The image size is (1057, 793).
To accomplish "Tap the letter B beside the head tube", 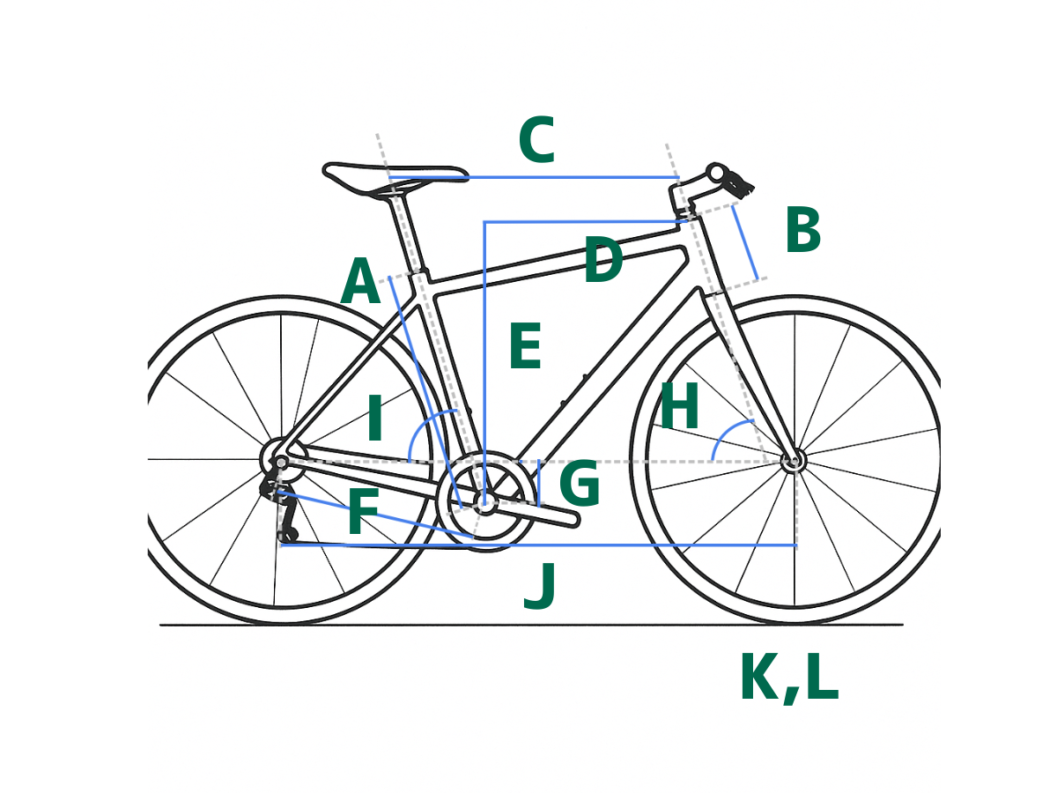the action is pyautogui.click(x=802, y=230).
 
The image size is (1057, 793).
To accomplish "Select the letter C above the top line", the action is pyautogui.click(x=537, y=139).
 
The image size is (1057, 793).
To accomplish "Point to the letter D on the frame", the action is pyautogui.click(x=604, y=260).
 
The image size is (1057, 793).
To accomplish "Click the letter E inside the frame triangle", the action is pyautogui.click(x=525, y=346).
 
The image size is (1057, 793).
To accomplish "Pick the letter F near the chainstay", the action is pyautogui.click(x=363, y=511).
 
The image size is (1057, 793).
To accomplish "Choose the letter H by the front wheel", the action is pyautogui.click(x=679, y=405).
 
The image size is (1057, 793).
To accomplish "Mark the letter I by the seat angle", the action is pyautogui.click(x=374, y=418).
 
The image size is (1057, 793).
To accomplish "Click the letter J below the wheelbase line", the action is pyautogui.click(x=540, y=587).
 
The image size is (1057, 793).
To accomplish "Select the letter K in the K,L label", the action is pyautogui.click(x=759, y=677).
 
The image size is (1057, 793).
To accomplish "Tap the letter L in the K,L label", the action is pyautogui.click(x=822, y=677).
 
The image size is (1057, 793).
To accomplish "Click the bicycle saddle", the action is pyautogui.click(x=394, y=179).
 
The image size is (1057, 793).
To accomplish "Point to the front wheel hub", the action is pyautogui.click(x=792, y=461).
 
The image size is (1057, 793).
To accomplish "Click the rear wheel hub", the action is pyautogui.click(x=281, y=463).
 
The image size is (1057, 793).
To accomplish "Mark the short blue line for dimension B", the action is pyautogui.click(x=745, y=242).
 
